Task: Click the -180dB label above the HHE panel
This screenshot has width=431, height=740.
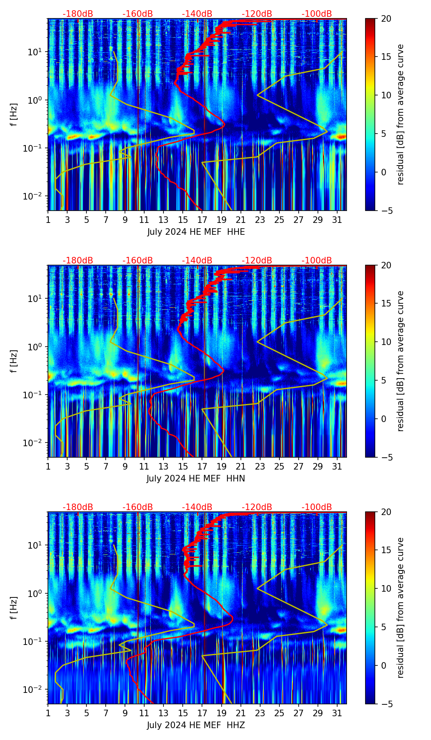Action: (x=78, y=14)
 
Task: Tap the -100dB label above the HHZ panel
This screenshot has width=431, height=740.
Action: (x=317, y=507)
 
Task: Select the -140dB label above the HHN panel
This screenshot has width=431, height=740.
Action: (x=197, y=261)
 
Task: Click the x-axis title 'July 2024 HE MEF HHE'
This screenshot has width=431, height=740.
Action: (x=196, y=232)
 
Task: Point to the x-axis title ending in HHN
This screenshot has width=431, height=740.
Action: (x=196, y=479)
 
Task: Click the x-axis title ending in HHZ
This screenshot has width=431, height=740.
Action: (x=196, y=725)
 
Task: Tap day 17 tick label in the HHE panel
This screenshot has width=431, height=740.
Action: (x=202, y=220)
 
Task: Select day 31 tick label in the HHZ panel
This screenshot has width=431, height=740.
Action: (x=337, y=713)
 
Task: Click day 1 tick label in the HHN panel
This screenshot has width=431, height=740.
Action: (x=48, y=466)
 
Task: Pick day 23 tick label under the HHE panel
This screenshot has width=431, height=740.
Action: (x=260, y=220)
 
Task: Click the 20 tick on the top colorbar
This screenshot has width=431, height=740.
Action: (x=386, y=19)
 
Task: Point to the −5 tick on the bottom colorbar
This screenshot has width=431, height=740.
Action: (x=386, y=704)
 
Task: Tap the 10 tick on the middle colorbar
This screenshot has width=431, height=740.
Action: (x=386, y=342)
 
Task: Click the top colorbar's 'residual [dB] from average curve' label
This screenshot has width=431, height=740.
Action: (x=401, y=114)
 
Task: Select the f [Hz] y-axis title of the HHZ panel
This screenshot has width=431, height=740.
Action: (x=14, y=608)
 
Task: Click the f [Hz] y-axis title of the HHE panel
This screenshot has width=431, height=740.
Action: (x=14, y=115)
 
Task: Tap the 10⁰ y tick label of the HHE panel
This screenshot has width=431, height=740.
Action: (x=35, y=100)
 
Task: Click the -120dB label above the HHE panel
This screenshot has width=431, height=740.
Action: (x=257, y=14)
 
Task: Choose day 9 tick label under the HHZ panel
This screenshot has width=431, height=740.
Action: (x=125, y=713)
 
